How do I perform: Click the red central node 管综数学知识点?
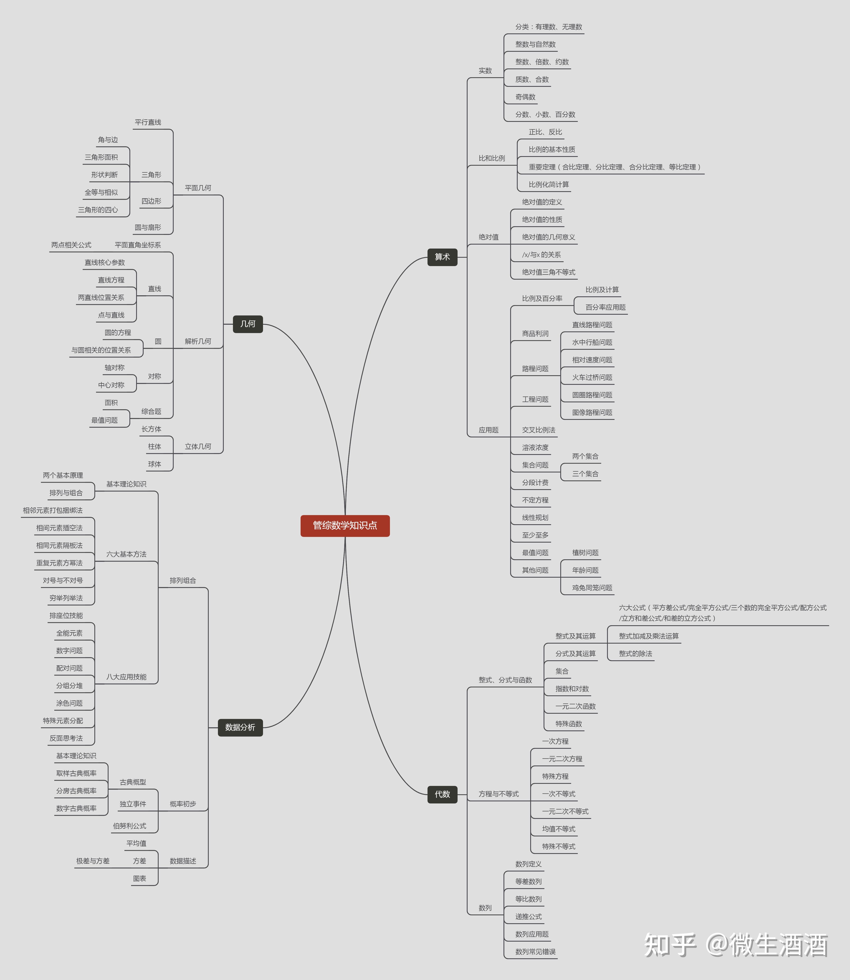(x=345, y=525)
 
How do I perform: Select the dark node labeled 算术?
(x=442, y=257)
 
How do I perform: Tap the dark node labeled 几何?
(x=248, y=324)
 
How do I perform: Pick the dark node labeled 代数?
(x=442, y=794)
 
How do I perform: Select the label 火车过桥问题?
(x=592, y=377)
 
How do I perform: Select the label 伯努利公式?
(x=129, y=826)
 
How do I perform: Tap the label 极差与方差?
(x=93, y=861)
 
